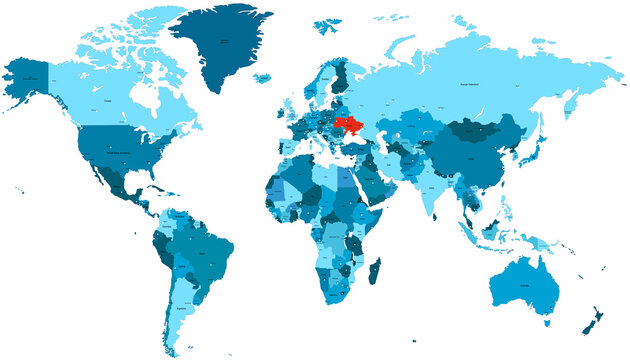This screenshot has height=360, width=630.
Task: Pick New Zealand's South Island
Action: tap(590, 324)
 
